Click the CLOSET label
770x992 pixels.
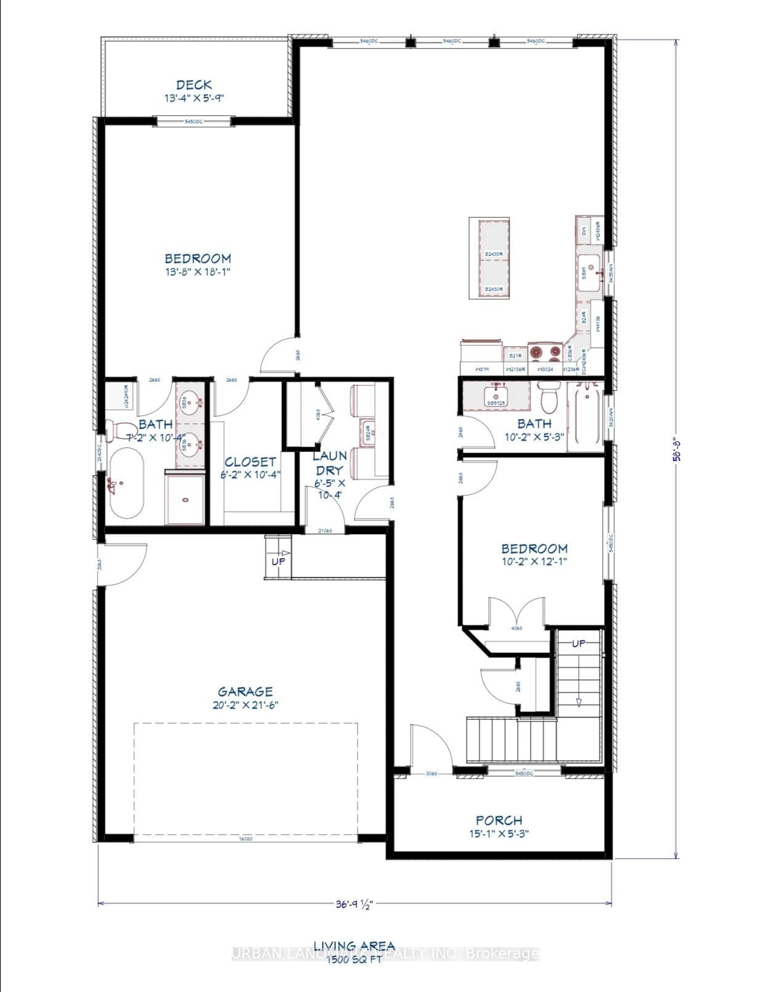pos(250,462)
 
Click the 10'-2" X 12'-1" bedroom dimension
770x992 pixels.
pos(534,561)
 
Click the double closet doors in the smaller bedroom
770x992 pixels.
pos(516,613)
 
